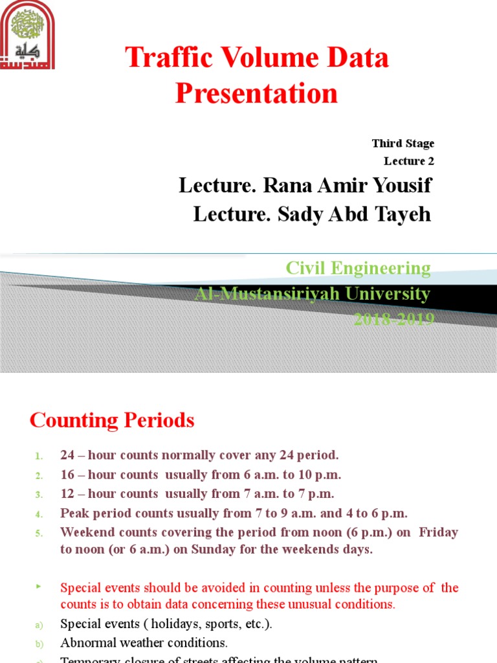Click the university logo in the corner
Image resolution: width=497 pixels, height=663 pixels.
pos(28,35)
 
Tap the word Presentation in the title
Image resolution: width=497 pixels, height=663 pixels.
pos(256,93)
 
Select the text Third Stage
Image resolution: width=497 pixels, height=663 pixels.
pos(403,143)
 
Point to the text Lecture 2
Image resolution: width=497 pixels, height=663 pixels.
pos(409,161)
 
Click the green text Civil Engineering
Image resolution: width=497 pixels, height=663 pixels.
pos(358,268)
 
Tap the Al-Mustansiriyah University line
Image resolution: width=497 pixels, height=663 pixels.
pos(312,294)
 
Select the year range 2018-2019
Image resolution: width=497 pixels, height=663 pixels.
pos(393,319)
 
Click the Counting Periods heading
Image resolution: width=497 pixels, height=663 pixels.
pos(112,421)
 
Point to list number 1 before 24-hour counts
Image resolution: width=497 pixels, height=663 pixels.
pos(39,456)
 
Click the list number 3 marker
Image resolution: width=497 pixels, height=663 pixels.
pos(39,495)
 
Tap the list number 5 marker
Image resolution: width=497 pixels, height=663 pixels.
pos(39,534)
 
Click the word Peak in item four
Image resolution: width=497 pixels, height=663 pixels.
pos(75,513)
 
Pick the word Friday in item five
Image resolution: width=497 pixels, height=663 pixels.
pos(438,532)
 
